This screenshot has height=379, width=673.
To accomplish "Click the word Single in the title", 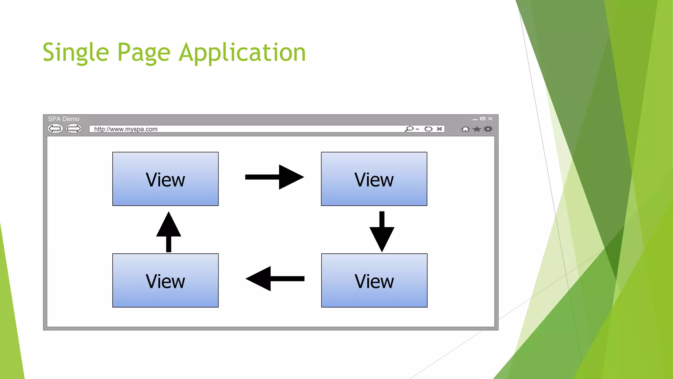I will click(76, 53).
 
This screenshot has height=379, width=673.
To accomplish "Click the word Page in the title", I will click(144, 53).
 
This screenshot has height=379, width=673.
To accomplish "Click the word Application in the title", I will click(242, 53).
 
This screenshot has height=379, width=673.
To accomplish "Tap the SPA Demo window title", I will click(64, 119).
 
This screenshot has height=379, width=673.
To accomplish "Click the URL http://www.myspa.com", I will click(126, 129).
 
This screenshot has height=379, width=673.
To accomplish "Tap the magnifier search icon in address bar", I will click(409, 129).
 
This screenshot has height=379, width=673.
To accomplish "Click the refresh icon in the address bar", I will click(428, 129).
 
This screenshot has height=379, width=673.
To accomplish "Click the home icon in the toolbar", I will click(465, 129).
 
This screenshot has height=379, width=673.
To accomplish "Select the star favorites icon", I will click(476, 129).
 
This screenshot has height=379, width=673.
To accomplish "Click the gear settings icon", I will click(488, 129).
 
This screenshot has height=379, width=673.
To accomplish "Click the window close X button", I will click(490, 119).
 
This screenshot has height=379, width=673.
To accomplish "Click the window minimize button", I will click(475, 119).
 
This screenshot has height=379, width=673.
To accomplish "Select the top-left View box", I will click(165, 179).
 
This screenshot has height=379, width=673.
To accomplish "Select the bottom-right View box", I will click(374, 280).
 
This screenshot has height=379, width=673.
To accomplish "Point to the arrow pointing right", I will click(275, 177).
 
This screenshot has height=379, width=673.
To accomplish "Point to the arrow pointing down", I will click(382, 232).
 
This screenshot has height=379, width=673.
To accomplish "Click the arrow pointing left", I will click(275, 279).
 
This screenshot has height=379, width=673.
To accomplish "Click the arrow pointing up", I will click(169, 232).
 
